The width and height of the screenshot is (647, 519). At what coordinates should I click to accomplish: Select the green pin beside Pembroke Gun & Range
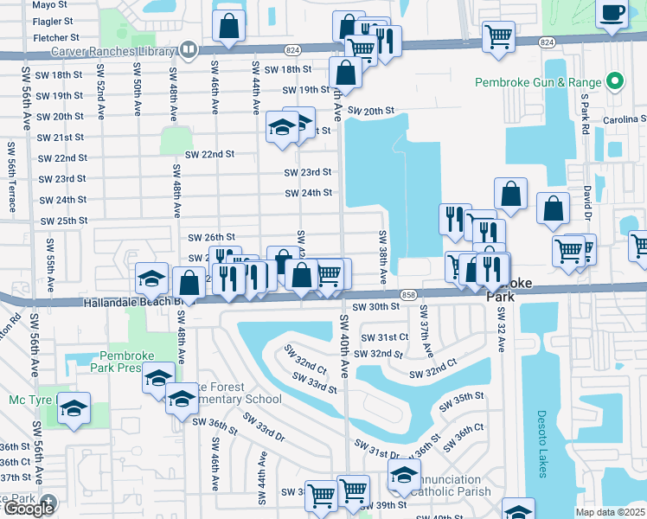pyautogui.click(x=616, y=83)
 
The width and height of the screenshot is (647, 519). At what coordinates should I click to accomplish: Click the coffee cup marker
pyautogui.click(x=613, y=13)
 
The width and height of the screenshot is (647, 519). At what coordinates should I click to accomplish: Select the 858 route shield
pyautogui.click(x=409, y=296)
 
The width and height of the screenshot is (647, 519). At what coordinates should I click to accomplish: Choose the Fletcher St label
pyautogui.click(x=55, y=38)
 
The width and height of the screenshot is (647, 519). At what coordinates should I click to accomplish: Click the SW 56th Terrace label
pyautogui.click(x=12, y=176)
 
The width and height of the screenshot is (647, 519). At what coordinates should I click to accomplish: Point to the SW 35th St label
pyautogui.click(x=463, y=397)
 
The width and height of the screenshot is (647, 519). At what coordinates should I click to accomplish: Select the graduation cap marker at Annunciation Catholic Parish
pyautogui.click(x=403, y=474)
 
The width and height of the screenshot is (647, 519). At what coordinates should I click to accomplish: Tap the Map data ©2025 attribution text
pyautogui.click(x=611, y=512)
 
